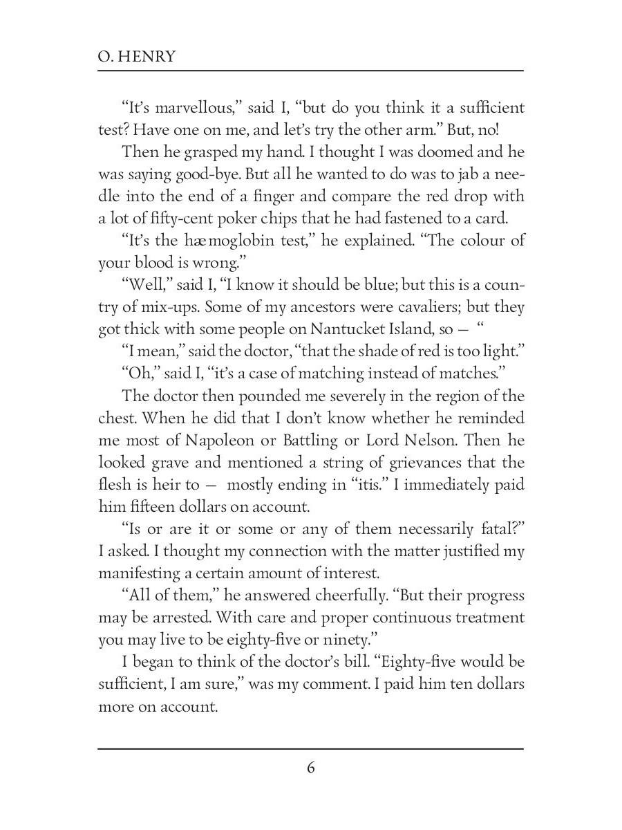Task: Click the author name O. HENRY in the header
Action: pyautogui.click(x=137, y=57)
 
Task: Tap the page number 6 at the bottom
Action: pyautogui.click(x=310, y=768)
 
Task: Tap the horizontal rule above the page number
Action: pyautogui.click(x=310, y=748)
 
